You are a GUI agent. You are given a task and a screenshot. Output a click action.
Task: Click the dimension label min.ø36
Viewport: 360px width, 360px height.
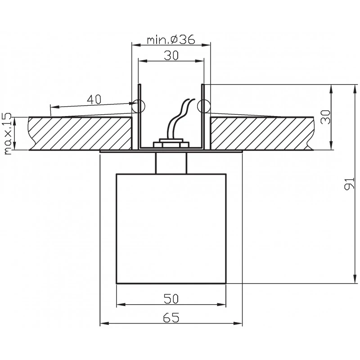pyautogui.click(x=171, y=40)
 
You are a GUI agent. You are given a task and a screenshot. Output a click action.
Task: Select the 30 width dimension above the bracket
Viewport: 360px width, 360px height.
pyautogui.click(x=171, y=55)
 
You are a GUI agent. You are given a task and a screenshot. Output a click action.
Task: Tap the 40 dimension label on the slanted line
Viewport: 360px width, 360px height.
pyautogui.click(x=94, y=99)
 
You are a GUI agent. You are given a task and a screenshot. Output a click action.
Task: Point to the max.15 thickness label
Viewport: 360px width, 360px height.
pyautogui.click(x=7, y=134)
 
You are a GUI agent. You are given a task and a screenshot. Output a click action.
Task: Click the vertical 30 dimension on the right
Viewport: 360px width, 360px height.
pyautogui.click(x=325, y=117)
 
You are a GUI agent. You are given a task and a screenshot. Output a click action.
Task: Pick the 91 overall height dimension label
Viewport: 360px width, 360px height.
pyautogui.click(x=349, y=184)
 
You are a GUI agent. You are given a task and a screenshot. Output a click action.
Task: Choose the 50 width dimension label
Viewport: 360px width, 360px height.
pyautogui.click(x=171, y=299)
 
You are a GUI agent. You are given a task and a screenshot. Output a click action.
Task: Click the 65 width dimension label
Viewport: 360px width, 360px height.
pyautogui.click(x=171, y=318)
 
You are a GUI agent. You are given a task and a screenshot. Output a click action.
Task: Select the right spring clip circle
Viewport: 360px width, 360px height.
pyautogui.click(x=203, y=106)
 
